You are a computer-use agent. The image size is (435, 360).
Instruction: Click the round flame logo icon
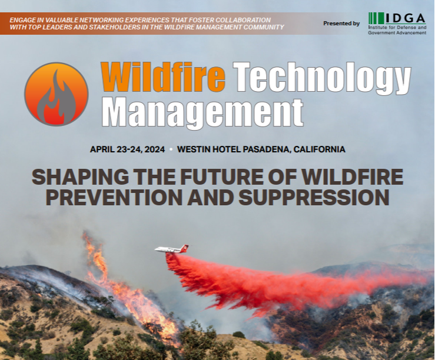pos(56,94)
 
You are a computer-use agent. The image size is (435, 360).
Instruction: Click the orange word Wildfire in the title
pos(163,76)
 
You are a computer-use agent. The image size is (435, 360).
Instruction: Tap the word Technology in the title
pos(323,76)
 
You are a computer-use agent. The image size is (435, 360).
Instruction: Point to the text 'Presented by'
pos(341,24)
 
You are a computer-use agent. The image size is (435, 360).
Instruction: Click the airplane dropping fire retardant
pos(171,249)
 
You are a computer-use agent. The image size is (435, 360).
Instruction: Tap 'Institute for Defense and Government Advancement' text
pos(397,30)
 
